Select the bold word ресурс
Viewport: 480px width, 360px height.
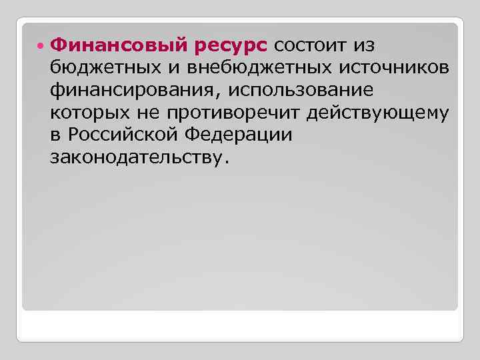coord(232,45)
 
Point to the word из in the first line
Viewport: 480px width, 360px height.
coord(362,45)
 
